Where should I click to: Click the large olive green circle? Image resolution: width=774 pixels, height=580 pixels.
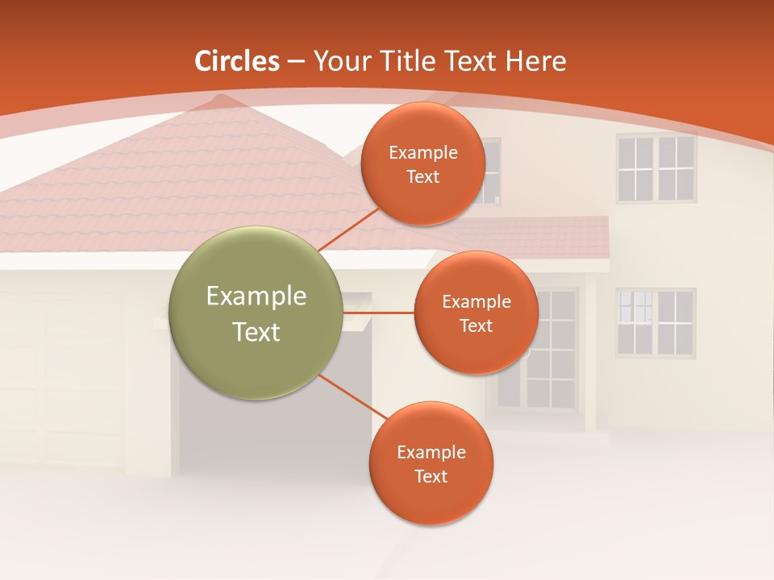pyautogui.click(x=256, y=313)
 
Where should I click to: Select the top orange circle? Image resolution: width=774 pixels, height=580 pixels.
pyautogui.click(x=423, y=164)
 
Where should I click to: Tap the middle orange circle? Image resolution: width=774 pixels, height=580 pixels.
pyautogui.click(x=476, y=313)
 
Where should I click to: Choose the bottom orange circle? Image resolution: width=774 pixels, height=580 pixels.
pyautogui.click(x=431, y=463)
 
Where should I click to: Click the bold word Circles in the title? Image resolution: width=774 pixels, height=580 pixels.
pyautogui.click(x=237, y=61)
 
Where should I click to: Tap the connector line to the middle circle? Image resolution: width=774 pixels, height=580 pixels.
pyautogui.click(x=378, y=312)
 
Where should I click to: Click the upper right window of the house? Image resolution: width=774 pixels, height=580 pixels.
pyautogui.click(x=655, y=168)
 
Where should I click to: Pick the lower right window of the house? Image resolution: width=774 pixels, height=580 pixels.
pyautogui.click(x=655, y=322)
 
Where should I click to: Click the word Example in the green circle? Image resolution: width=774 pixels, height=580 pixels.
pyautogui.click(x=256, y=296)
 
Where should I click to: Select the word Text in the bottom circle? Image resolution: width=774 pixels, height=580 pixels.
pyautogui.click(x=431, y=476)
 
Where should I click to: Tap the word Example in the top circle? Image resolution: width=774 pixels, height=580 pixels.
pyautogui.click(x=423, y=152)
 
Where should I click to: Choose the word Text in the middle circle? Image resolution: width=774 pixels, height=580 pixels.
pyautogui.click(x=476, y=325)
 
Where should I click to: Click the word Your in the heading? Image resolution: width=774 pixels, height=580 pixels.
pyautogui.click(x=338, y=61)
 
